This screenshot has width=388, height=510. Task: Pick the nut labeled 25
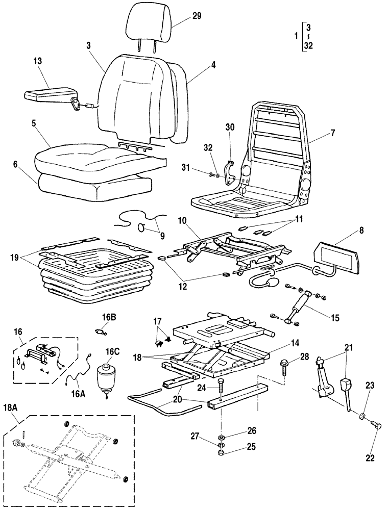click(x=221, y=452)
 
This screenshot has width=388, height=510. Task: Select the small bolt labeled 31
click(x=211, y=175)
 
